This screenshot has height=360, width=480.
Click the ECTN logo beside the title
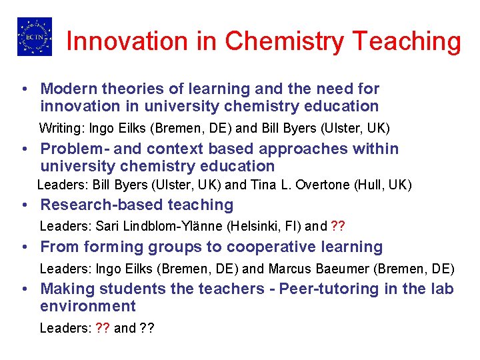pyautogui.click(x=34, y=37)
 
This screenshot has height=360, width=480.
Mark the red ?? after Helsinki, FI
pyautogui.click(x=338, y=226)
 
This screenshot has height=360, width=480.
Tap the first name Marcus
pyautogui.click(x=288, y=269)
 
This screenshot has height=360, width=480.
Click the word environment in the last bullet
pyautogui.click(x=88, y=307)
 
